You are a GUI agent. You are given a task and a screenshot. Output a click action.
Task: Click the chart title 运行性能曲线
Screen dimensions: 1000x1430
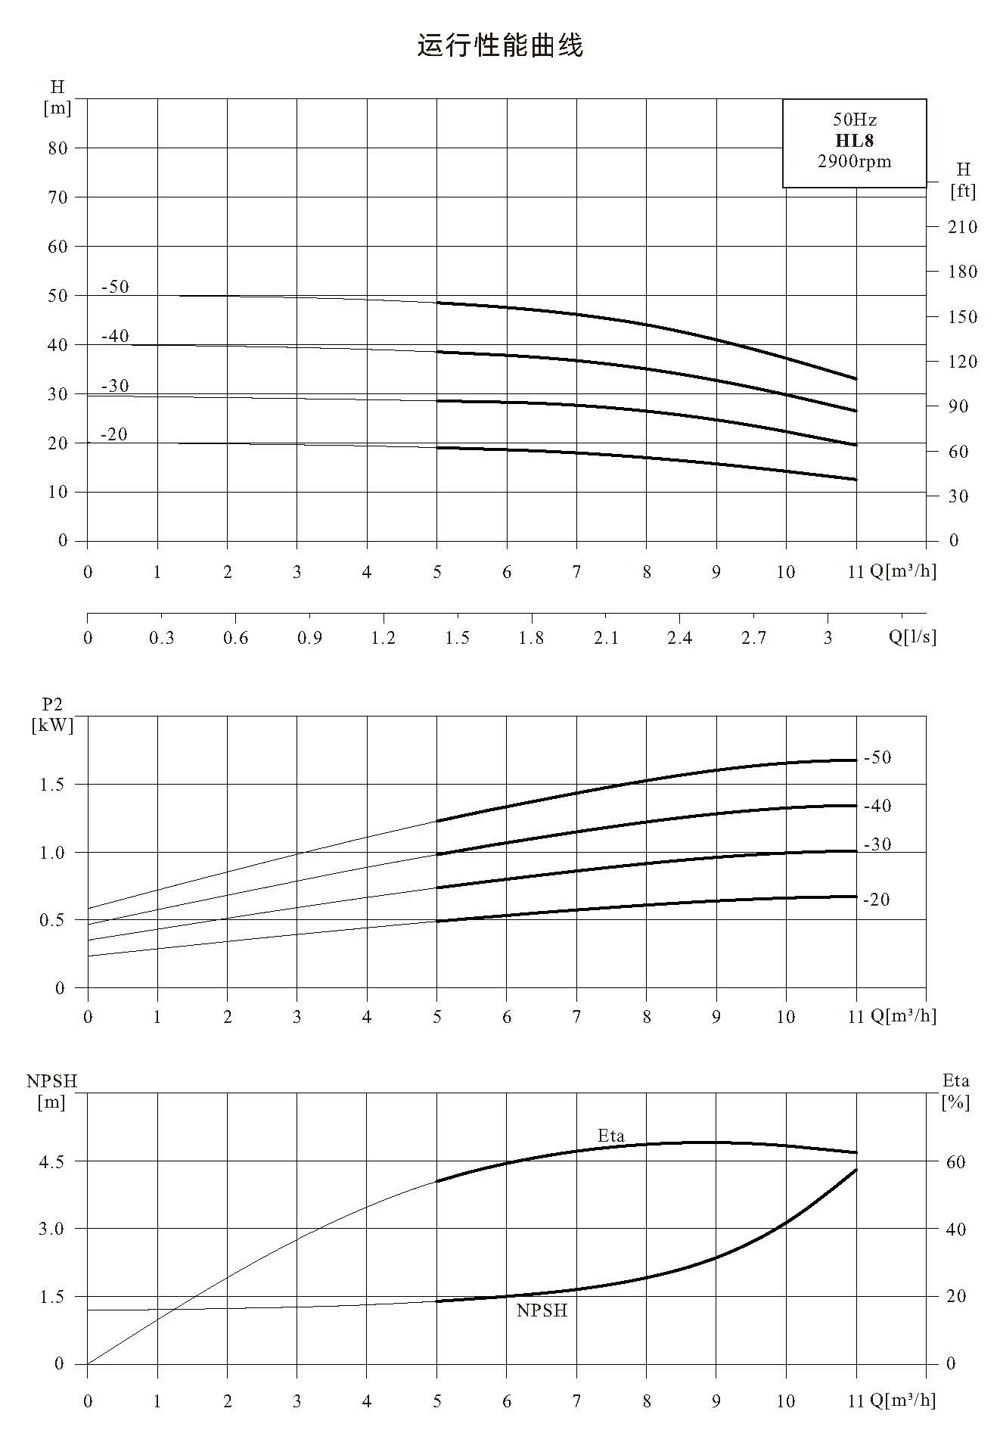tap(500, 46)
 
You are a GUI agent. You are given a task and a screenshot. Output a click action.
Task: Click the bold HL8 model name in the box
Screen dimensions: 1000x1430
tap(854, 141)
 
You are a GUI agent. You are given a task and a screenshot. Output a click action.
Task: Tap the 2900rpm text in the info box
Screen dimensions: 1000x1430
tap(854, 161)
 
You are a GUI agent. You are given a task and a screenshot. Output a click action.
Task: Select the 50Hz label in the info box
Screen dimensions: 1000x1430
tap(854, 120)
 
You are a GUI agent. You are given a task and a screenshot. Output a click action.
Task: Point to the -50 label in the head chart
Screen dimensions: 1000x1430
tap(115, 287)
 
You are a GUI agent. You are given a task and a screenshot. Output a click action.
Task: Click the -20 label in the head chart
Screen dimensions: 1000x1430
tap(114, 434)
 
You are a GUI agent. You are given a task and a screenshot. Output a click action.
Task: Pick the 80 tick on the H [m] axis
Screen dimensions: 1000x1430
tap(58, 148)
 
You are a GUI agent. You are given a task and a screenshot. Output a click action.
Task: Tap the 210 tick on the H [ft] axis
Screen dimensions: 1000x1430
tap(962, 227)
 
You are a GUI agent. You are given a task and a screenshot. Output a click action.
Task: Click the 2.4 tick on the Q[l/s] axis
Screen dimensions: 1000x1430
tap(679, 638)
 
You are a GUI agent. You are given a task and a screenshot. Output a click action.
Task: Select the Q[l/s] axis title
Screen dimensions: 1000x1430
tap(912, 637)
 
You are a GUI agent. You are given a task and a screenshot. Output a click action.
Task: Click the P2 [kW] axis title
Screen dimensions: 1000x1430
tap(53, 715)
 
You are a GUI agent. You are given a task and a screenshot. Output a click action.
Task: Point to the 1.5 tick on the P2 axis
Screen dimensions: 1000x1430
tap(52, 785)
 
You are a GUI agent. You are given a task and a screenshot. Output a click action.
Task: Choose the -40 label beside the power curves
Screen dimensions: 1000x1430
tap(877, 806)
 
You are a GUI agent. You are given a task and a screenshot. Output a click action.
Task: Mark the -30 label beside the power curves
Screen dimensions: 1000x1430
tap(877, 844)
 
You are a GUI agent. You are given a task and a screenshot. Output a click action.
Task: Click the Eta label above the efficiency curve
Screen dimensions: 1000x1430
tap(611, 1136)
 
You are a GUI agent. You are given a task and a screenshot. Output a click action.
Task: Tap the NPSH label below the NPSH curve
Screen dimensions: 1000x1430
tap(542, 1311)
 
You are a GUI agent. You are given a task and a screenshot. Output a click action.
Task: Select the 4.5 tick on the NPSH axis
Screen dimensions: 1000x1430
tap(52, 1161)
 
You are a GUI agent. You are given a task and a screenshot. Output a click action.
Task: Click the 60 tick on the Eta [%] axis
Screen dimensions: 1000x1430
tap(955, 1162)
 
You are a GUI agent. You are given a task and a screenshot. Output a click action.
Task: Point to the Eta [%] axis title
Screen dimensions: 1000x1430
tap(956, 1092)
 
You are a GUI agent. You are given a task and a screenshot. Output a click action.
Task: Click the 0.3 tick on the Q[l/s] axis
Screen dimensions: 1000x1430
tap(161, 638)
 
